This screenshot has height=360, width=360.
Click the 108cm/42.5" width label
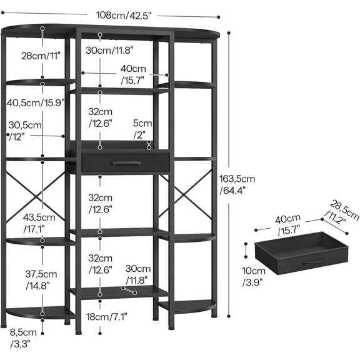click(124, 16)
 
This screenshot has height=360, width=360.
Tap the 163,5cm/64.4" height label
click(237, 184)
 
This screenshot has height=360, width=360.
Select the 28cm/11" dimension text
click(41, 56)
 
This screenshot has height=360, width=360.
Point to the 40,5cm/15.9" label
click(36, 102)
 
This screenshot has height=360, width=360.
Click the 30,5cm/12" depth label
click(25, 131)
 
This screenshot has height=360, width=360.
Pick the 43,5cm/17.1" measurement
click(39, 223)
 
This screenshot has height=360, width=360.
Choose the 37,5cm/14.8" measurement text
click(41, 279)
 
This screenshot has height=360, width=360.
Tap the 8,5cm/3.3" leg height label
click(23, 338)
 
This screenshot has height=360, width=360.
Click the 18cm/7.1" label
click(106, 317)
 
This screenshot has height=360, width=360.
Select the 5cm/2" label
click(142, 129)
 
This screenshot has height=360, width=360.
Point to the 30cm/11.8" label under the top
click(109, 50)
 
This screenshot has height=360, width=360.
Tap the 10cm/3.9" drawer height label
click(254, 276)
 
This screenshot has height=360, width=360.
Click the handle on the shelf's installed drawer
click(127, 162)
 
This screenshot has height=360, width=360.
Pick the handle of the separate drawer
click(314, 262)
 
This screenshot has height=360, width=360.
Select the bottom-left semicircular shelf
click(39, 312)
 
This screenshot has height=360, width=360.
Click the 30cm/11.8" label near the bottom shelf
click(137, 274)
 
